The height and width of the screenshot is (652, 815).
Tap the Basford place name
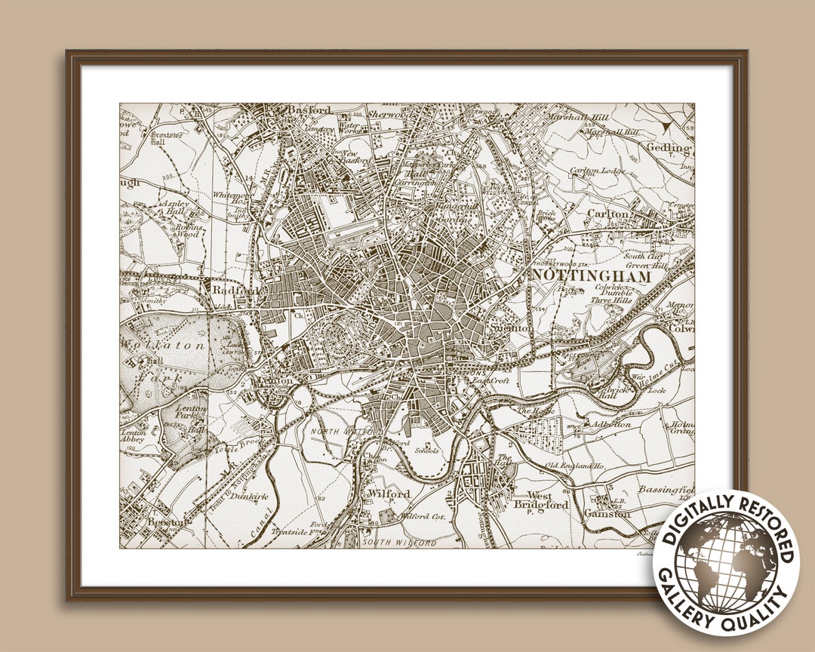click(x=309, y=110)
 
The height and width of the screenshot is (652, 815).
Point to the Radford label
click(x=229, y=290)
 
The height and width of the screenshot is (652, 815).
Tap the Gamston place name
click(x=607, y=514)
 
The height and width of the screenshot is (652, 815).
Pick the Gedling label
click(x=669, y=148)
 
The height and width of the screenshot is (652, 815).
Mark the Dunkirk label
click(x=248, y=477)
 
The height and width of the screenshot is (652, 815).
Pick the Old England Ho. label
click(x=576, y=466)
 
